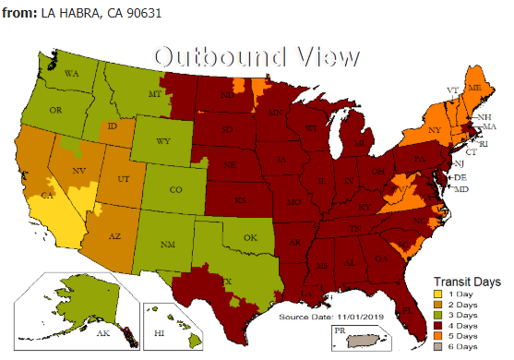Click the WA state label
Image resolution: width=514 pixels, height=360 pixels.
coord(71,72)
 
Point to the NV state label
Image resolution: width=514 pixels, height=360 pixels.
coord(79,171)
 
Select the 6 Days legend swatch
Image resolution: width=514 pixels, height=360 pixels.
coord(438,345)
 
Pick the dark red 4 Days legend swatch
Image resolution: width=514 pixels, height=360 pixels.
coord(438,325)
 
